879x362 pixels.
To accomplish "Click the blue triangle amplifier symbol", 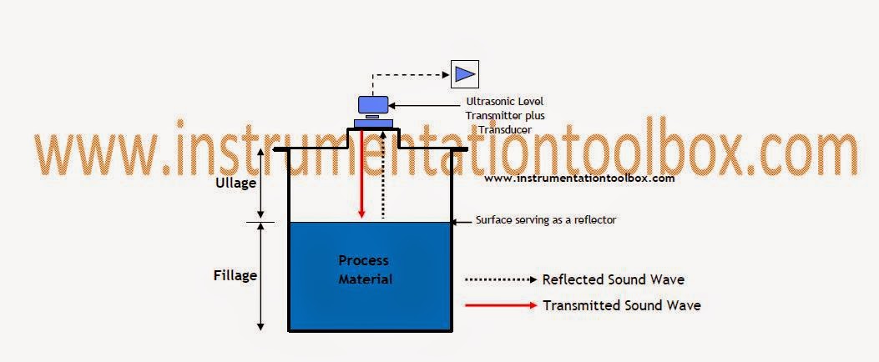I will point(463,74).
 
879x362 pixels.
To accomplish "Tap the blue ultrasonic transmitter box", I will point(371,104).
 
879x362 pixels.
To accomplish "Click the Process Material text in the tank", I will point(364,269).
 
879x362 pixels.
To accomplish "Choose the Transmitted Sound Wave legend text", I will point(622,305).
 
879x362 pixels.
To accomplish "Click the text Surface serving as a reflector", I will point(546,220).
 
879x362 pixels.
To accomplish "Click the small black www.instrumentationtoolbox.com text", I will point(578,178).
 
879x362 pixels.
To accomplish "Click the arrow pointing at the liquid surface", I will point(462,221).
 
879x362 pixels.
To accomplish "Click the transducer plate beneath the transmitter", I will point(372,123).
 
